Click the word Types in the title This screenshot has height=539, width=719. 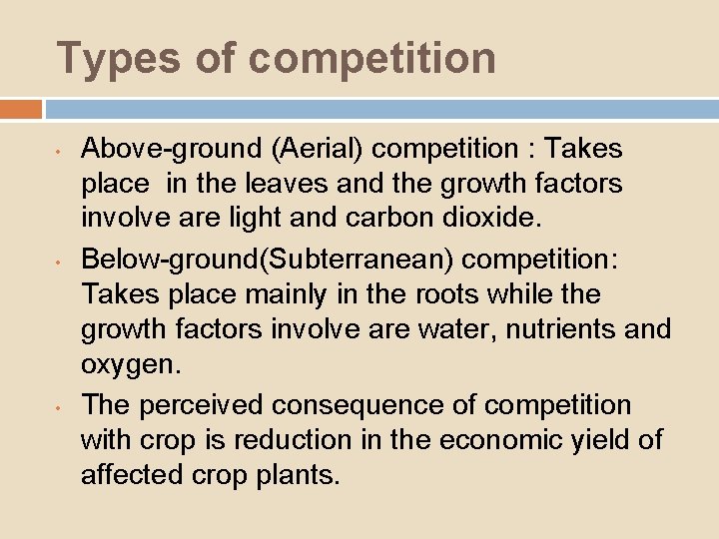coord(105,58)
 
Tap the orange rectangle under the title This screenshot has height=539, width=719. coord(21,109)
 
